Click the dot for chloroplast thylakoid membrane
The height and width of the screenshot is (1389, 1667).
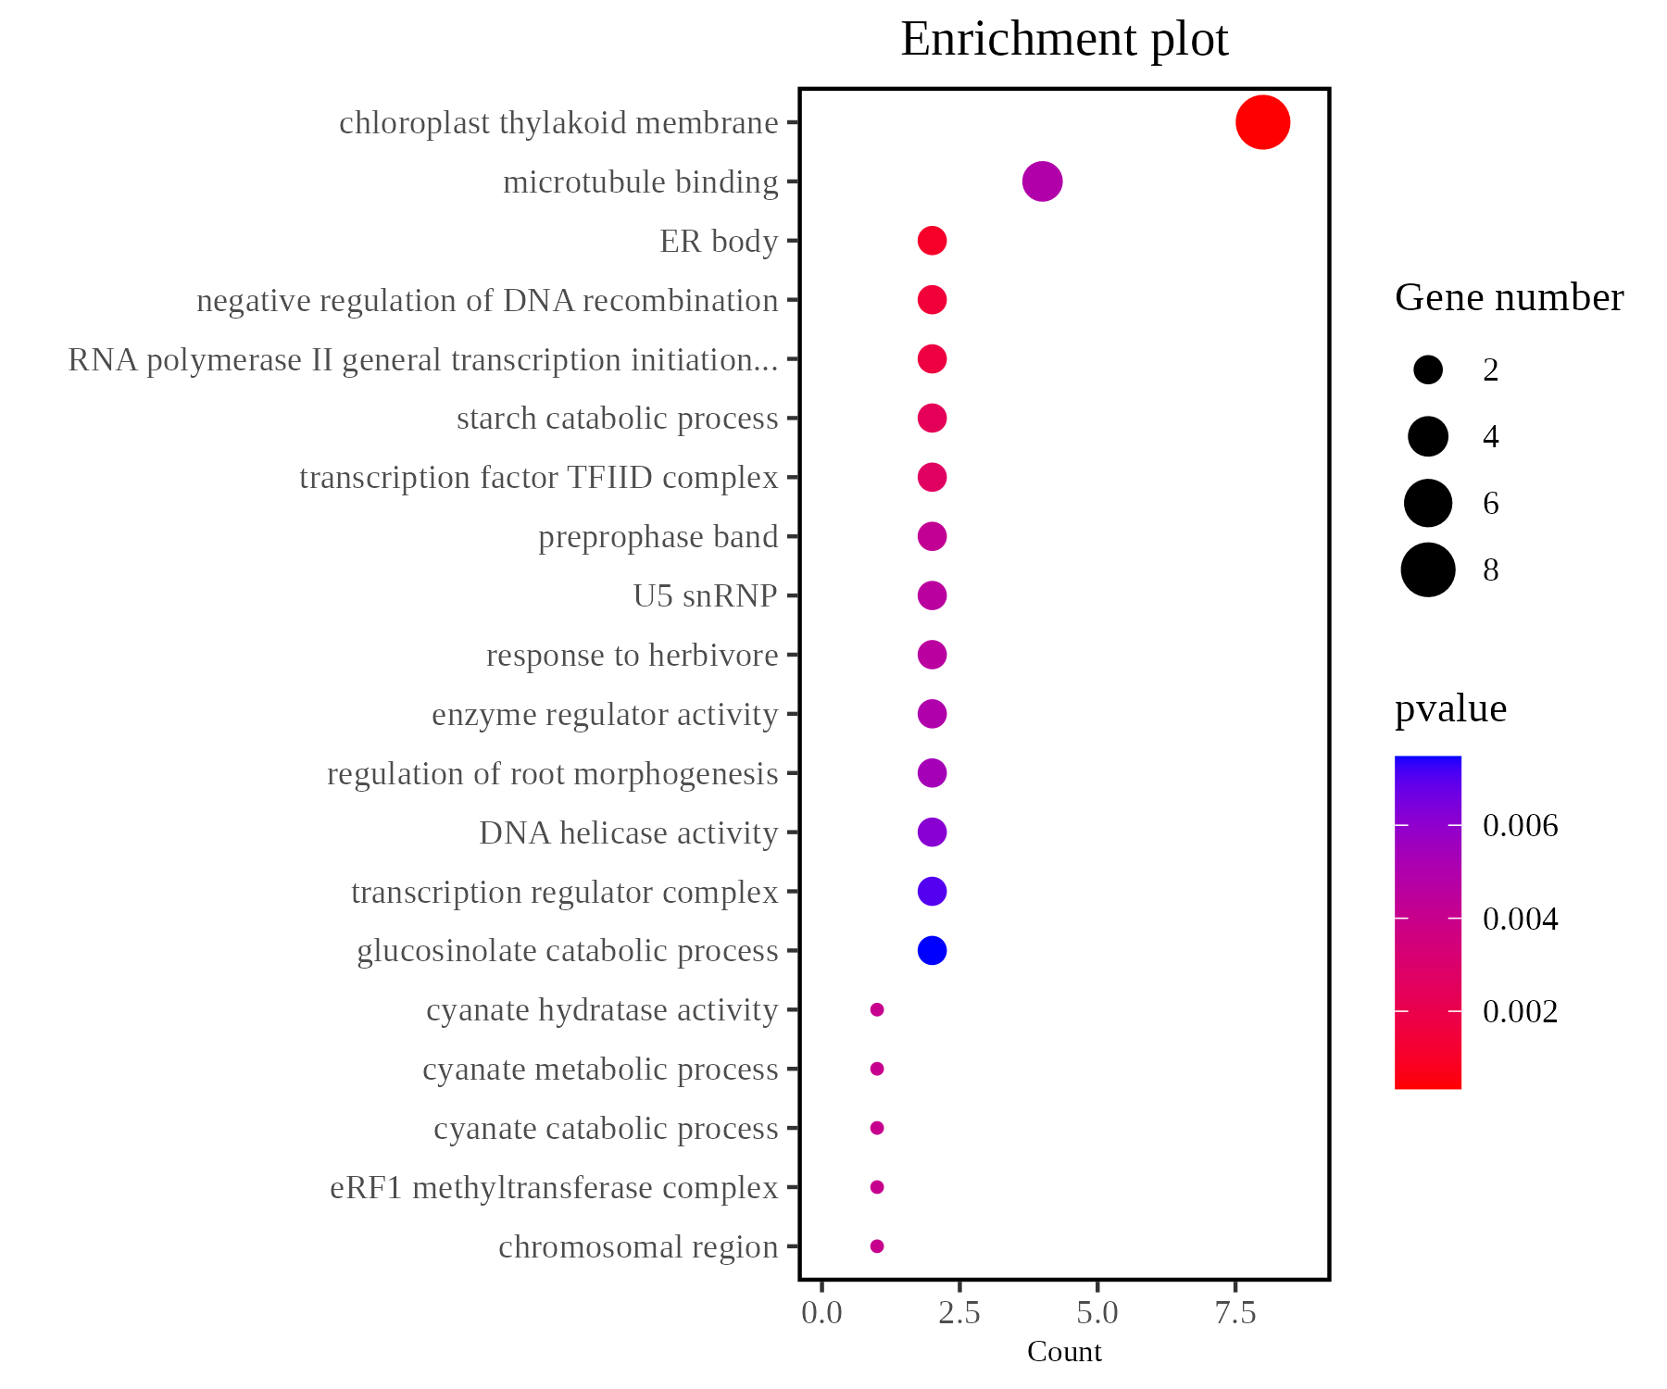[1262, 122]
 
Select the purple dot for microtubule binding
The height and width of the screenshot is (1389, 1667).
[1042, 181]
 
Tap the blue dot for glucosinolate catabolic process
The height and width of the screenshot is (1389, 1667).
[932, 950]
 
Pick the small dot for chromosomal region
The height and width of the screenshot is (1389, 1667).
[877, 1246]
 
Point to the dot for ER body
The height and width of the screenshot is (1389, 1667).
[932, 241]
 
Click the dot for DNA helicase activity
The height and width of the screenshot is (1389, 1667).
[932, 832]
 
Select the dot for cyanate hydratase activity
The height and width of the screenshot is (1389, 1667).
[877, 1009]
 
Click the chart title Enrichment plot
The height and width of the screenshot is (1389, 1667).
[1064, 40]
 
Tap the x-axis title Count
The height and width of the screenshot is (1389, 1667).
[1064, 1352]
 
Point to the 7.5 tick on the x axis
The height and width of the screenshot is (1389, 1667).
[1235, 1313]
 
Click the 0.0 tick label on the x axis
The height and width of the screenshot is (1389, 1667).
[821, 1313]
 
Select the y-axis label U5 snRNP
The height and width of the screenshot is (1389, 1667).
[705, 595]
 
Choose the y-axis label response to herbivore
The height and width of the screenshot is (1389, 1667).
[632, 655]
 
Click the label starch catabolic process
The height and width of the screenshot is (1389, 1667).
[617, 419]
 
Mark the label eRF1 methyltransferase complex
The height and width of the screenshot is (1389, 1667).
[554, 1187]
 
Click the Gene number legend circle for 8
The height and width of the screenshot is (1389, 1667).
[1428, 569]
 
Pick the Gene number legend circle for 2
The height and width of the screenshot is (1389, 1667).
[1428, 370]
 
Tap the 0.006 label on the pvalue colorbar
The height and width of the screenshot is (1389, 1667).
[1520, 825]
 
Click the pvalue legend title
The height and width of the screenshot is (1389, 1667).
[1450, 709]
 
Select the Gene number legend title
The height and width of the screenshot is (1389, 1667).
[1509, 298]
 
